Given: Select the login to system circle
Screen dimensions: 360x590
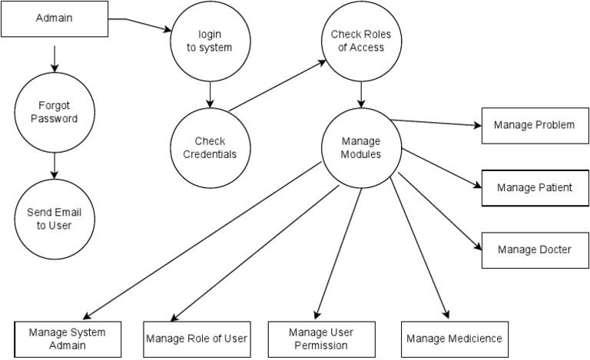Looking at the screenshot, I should [x=210, y=43].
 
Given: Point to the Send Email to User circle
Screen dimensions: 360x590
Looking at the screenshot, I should [x=54, y=217].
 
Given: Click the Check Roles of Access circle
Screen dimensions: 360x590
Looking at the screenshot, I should [x=357, y=43].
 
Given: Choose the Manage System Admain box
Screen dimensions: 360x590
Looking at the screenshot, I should [x=68, y=339].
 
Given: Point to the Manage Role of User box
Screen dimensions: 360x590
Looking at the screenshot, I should [x=197, y=339].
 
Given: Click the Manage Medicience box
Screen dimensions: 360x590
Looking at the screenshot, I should [x=454, y=339].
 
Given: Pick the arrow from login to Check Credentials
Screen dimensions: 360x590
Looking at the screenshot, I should [x=209, y=94].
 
